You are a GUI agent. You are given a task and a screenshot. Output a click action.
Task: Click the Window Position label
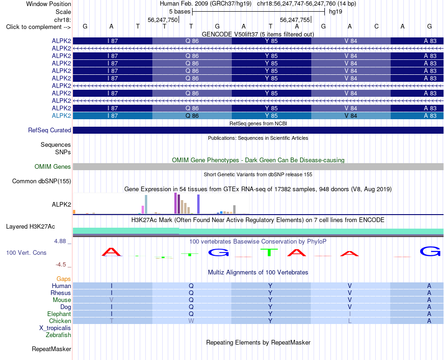coord(49,4)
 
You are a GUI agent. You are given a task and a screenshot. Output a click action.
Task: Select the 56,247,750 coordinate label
coord(163,20)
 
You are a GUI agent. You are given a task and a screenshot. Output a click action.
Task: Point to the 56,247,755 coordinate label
coord(295,20)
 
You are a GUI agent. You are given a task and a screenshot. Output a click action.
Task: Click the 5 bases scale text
coord(180,12)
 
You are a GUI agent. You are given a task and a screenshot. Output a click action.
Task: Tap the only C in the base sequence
coord(376,26)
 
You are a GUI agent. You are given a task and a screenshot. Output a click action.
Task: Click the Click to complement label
coord(38,27)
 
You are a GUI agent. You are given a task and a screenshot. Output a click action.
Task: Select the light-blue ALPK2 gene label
coord(61,115)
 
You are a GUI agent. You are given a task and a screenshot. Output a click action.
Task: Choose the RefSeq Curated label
coord(50,130)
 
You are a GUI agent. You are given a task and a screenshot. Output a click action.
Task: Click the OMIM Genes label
coord(53,166)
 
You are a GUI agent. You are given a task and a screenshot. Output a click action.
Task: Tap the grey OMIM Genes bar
coord(258,166)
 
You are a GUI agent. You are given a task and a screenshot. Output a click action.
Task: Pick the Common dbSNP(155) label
coord(42,181)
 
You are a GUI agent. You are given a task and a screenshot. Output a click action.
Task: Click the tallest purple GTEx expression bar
coord(176,203)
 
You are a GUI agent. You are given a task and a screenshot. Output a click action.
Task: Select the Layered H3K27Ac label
coord(30,226)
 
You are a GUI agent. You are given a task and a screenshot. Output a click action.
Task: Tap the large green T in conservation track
coord(269,252)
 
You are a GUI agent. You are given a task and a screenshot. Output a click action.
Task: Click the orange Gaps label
coord(64,279)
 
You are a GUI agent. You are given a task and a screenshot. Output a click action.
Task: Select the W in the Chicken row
coord(191,321)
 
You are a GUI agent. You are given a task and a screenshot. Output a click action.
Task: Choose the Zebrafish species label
coord(58,335)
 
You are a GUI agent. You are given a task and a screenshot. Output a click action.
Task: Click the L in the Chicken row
coord(350,321)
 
